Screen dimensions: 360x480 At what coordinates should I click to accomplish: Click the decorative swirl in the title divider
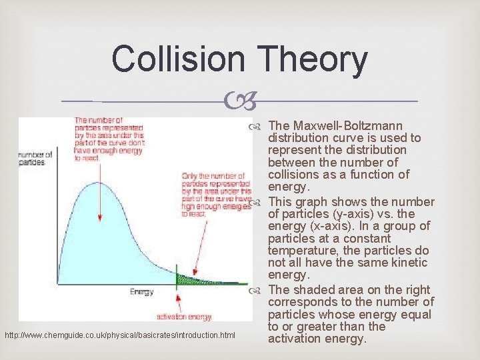240,101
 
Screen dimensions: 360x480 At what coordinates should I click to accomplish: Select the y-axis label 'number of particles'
33,158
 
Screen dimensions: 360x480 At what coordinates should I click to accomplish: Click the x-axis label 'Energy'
141,291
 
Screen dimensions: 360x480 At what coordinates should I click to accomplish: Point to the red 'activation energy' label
183,317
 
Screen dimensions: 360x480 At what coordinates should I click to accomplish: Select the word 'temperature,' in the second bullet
301,251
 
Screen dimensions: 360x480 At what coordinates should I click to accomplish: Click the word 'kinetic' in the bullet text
410,263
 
